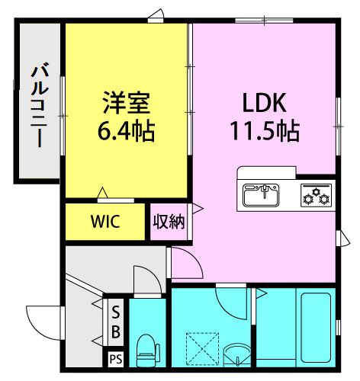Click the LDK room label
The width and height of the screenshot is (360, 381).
pyautogui.click(x=265, y=103)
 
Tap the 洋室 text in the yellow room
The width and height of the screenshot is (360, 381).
pyautogui.click(x=127, y=102)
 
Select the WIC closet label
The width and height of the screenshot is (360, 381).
pyautogui.click(x=105, y=221)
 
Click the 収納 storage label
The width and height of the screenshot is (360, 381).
pyautogui.click(x=169, y=223)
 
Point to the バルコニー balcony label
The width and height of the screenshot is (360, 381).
pyautogui.click(x=40, y=104)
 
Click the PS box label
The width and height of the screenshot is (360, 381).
pyautogui.click(x=116, y=360)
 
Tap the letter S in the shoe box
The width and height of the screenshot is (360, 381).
pyautogui.click(x=116, y=312)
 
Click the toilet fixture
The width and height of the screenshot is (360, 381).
pyautogui.click(x=147, y=351)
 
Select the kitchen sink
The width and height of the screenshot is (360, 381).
pyautogui.click(x=261, y=195)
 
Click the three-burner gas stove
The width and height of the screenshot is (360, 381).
pyautogui.click(x=317, y=195)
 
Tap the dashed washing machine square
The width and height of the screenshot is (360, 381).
pyautogui.click(x=202, y=349)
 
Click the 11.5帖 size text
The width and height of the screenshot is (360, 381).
pyautogui.click(x=265, y=131)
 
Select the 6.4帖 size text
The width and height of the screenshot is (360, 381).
pyautogui.click(x=127, y=131)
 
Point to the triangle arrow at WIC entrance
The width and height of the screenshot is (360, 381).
pyautogui.click(x=102, y=193)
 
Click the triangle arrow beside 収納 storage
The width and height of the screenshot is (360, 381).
pyautogui.click(x=198, y=209)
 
